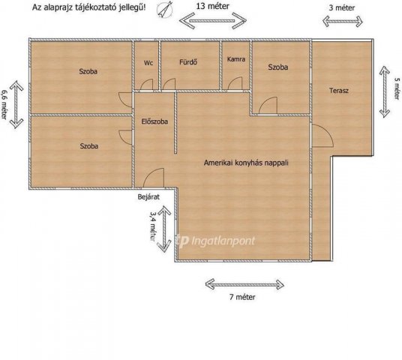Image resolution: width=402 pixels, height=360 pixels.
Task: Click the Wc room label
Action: (x=148, y=63)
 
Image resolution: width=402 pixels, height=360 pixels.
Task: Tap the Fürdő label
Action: (x=188, y=62)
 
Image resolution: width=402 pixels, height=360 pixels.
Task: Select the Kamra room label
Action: (x=235, y=59)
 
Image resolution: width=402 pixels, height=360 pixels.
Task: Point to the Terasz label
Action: (x=339, y=91)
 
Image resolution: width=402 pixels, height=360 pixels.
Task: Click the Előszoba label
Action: (x=154, y=121)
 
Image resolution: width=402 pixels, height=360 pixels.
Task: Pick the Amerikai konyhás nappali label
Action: (x=246, y=163)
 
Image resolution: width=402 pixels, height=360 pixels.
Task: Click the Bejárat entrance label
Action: (x=148, y=197)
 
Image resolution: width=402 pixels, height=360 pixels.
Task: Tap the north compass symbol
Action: (x=164, y=10)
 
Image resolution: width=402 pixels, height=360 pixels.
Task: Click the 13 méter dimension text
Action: (x=213, y=6)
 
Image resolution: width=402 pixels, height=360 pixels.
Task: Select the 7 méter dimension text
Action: (x=242, y=297)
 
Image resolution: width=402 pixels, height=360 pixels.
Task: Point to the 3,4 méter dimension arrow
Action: (x=164, y=229)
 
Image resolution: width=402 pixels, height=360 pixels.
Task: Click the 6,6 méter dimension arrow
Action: (x=16, y=104)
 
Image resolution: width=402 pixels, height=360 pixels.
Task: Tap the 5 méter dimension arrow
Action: (x=385, y=91)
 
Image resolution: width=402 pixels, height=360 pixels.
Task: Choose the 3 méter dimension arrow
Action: (x=343, y=21)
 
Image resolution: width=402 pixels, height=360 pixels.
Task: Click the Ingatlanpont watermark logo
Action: (x=216, y=241)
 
